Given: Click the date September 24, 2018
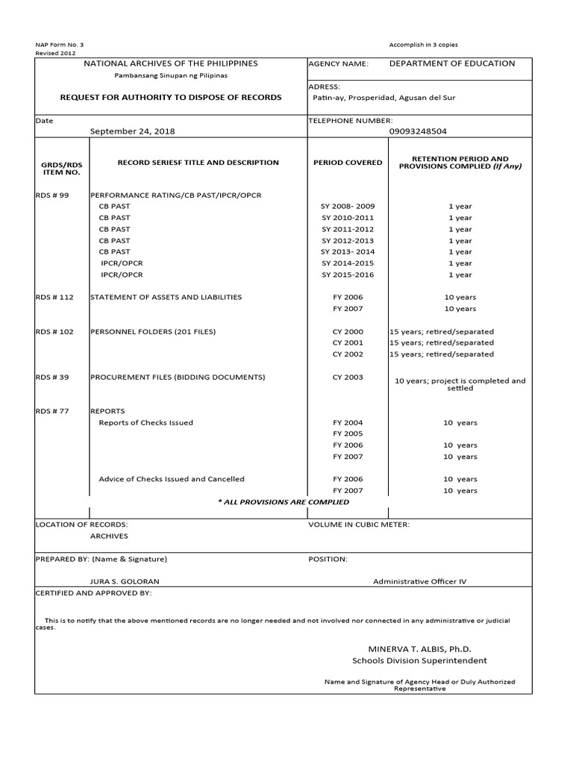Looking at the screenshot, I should coord(132,131).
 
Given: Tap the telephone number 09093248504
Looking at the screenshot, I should coord(419,131).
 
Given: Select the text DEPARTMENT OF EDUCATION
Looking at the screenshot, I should coord(451,63).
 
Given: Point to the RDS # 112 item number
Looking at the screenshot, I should coord(54,297).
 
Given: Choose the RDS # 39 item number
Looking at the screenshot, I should coord(51,378).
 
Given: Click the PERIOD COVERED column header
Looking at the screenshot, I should coord(348,162).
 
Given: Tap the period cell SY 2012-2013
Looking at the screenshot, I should coord(348,241).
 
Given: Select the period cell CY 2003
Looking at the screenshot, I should coord(348,378).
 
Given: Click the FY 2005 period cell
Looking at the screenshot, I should coord(348,433).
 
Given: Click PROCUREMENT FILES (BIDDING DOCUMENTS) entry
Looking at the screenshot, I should coord(177,378).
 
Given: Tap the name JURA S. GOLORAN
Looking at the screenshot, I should coord(125,581).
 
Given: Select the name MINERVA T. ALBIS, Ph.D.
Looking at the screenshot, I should coord(419,649).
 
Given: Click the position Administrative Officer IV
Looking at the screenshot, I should coord(419,581).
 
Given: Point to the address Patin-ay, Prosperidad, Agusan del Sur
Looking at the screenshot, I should coord(383,98).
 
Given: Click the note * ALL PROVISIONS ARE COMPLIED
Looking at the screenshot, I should coord(272,502).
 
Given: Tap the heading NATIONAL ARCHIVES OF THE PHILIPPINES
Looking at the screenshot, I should coord(171,63).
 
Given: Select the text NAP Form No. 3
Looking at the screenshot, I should coord(60,45).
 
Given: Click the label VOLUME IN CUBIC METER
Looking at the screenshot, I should coord(359,525).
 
